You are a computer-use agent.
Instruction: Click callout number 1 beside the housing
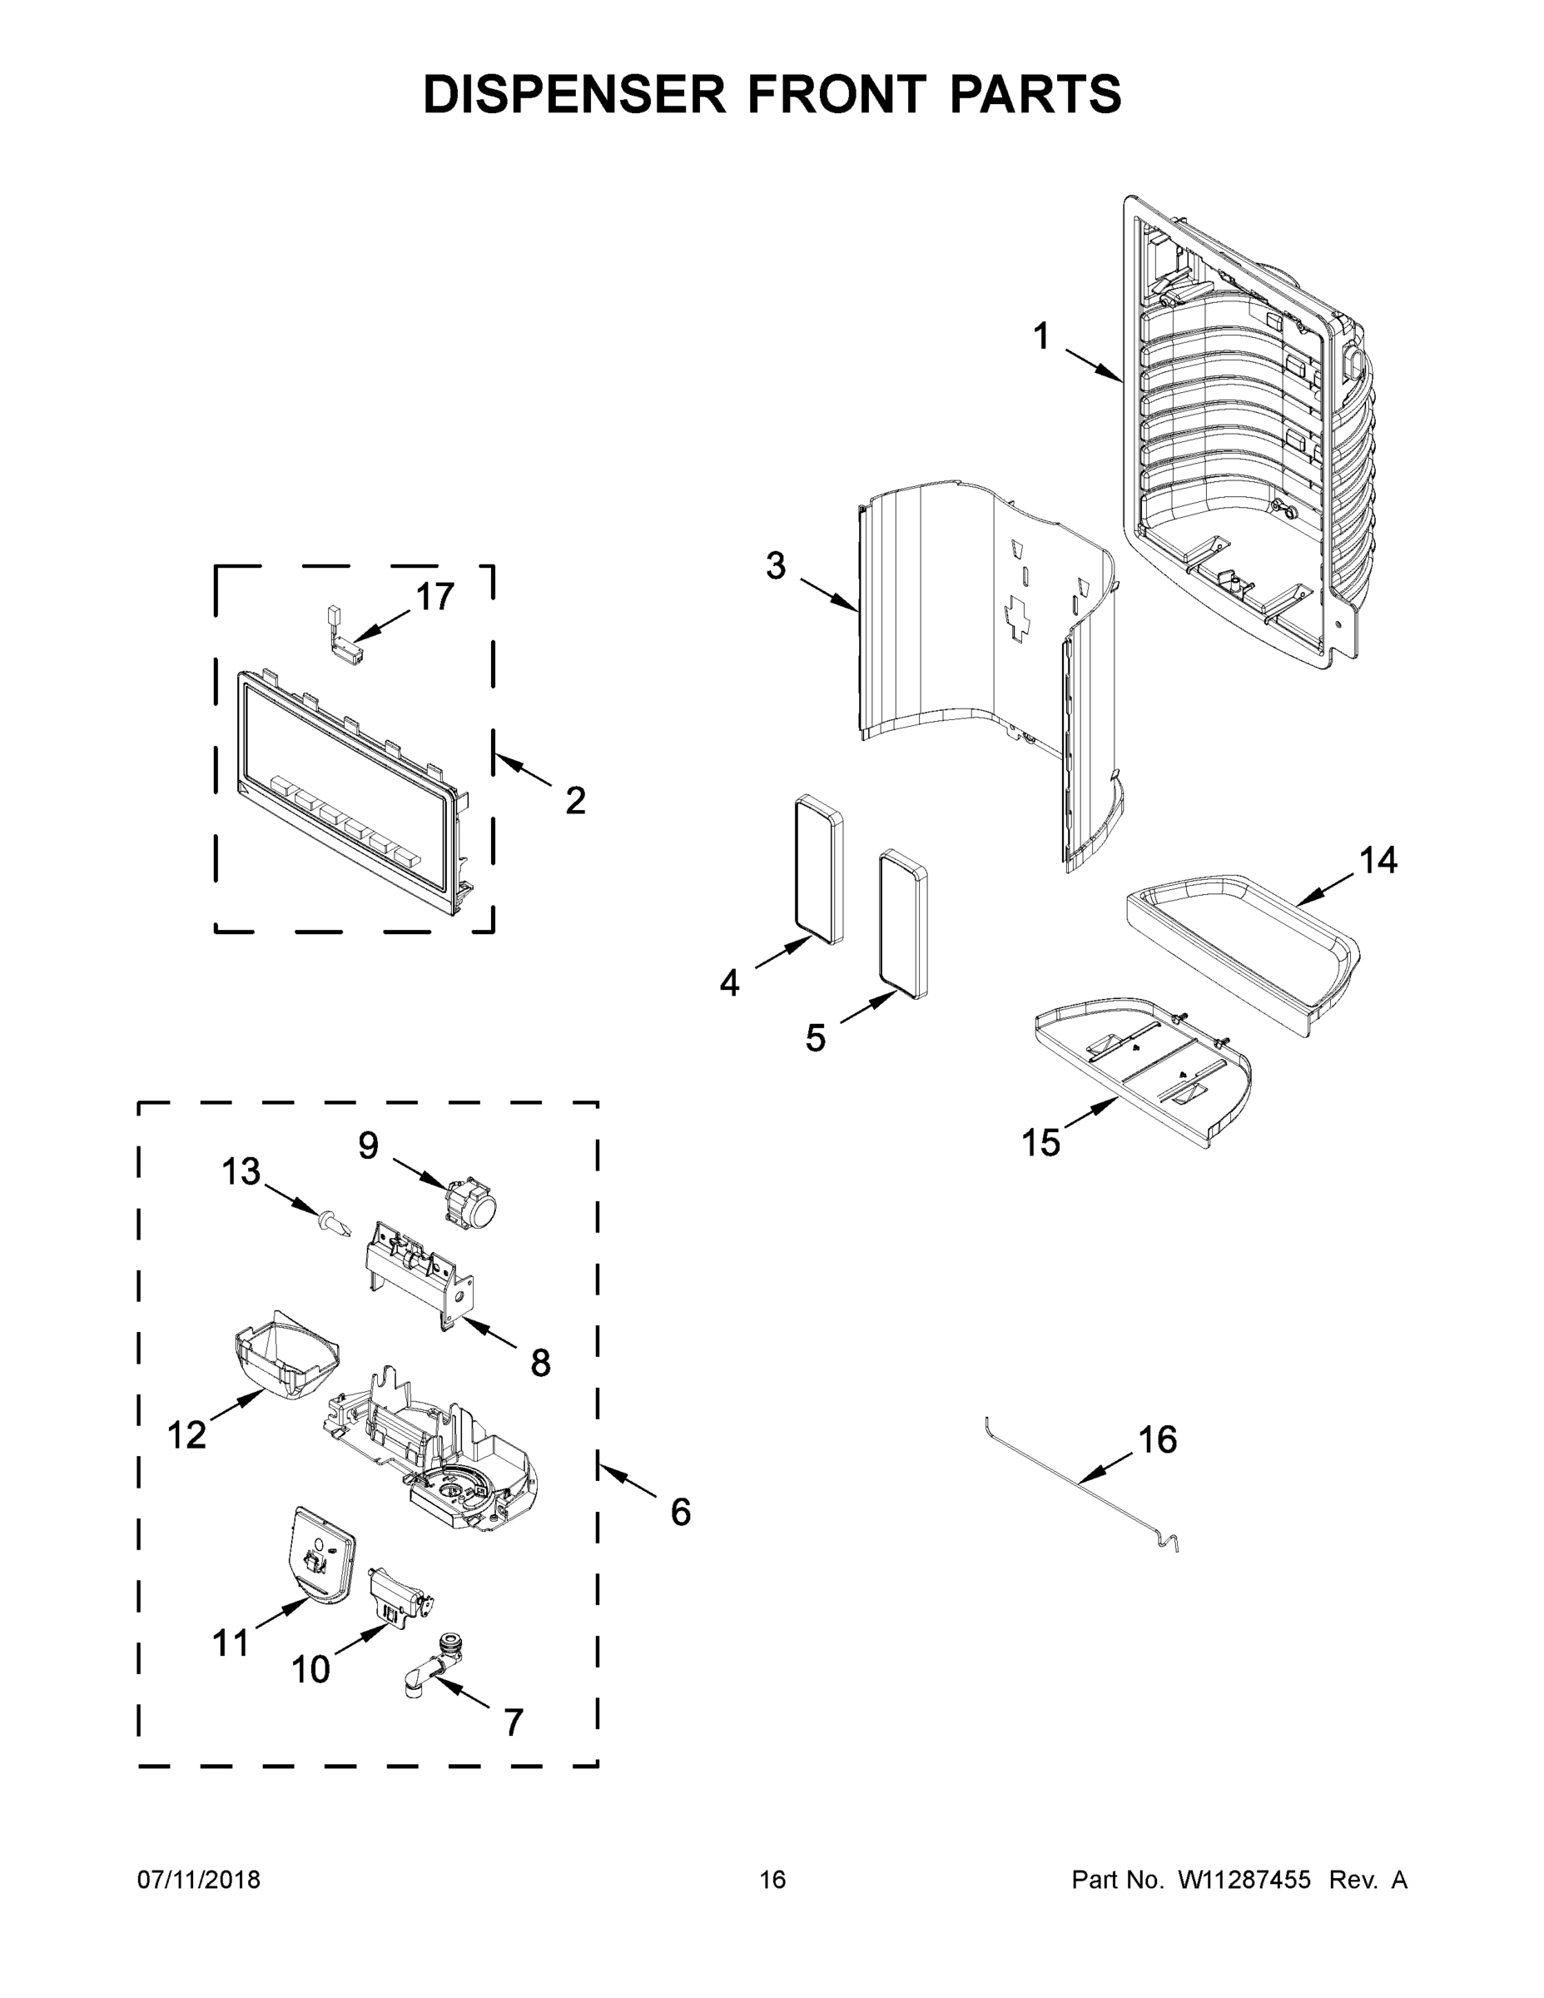1041,336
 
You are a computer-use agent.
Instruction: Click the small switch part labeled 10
397,1601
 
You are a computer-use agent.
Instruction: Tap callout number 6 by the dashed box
680,1512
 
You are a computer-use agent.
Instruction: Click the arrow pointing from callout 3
830,594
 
